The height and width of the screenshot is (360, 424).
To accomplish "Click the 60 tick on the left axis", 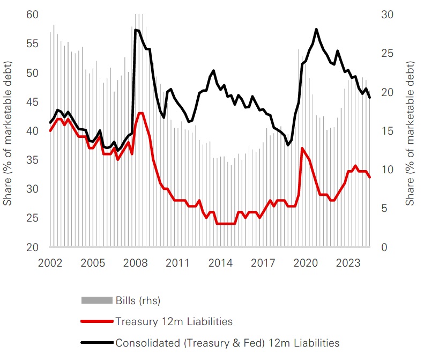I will [x=33, y=14].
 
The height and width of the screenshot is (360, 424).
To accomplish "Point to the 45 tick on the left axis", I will [x=33, y=102].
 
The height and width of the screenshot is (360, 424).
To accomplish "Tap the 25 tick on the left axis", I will [x=33, y=218].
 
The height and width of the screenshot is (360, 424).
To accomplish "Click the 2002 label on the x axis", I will [x=50, y=263].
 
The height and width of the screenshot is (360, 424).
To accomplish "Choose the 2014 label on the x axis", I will [x=220, y=263].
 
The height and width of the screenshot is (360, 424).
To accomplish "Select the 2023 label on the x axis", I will [x=348, y=263].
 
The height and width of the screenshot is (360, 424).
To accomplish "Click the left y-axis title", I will [x=8, y=131].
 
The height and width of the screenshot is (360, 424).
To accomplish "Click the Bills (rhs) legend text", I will [x=138, y=300].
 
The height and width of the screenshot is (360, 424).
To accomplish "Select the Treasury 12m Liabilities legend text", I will [x=173, y=321].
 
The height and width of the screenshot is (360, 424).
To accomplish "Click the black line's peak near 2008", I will [x=135, y=30].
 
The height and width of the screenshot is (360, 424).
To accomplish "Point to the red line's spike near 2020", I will [x=302, y=148].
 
